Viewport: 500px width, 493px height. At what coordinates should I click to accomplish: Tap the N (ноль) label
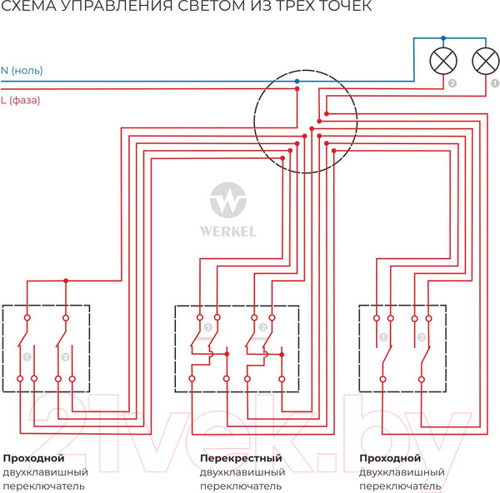point(22,71)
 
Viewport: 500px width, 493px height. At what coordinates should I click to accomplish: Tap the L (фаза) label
point(22,100)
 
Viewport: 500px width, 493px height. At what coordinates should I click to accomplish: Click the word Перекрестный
point(242,458)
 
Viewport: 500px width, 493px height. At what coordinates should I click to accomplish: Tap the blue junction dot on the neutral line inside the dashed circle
point(297,81)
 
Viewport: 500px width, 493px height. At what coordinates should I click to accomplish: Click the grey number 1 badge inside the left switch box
point(28,356)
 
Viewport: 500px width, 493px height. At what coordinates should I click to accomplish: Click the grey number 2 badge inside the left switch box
point(65,356)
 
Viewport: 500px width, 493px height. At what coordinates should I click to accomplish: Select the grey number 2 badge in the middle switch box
point(263,327)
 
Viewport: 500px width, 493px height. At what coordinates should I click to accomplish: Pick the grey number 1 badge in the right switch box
point(383,337)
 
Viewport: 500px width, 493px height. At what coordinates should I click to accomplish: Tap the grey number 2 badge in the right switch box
point(421,337)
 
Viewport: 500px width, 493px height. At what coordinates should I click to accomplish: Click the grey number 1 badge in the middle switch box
point(207,327)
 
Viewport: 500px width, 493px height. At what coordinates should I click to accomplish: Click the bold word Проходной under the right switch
point(390,458)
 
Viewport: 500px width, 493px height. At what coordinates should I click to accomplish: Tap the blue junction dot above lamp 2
point(442,37)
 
